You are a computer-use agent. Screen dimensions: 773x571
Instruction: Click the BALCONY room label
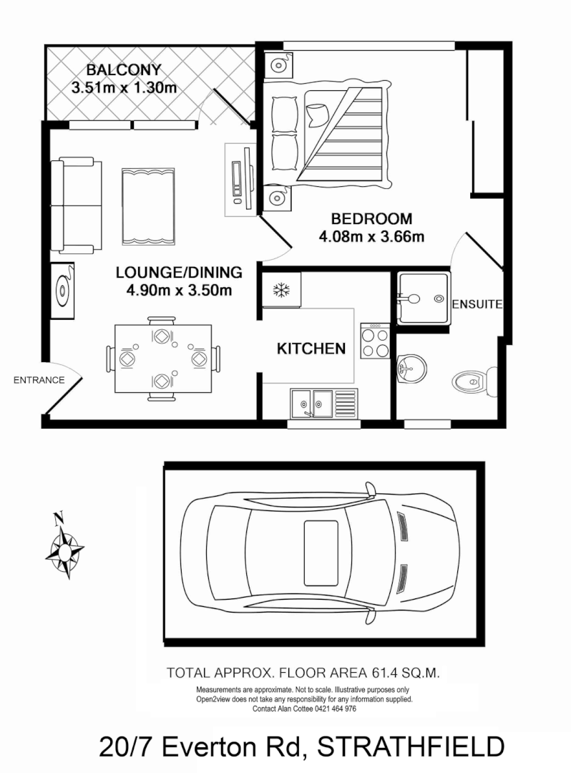pyautogui.click(x=124, y=70)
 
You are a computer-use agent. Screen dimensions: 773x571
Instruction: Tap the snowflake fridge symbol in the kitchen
pyautogui.click(x=281, y=291)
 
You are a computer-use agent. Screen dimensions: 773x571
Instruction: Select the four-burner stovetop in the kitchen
pyautogui.click(x=376, y=341)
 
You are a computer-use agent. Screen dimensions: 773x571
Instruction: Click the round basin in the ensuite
pyautogui.click(x=411, y=371)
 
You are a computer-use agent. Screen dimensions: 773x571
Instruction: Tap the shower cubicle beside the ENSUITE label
pyautogui.click(x=422, y=297)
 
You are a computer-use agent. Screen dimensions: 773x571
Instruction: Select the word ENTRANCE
pyautogui.click(x=39, y=380)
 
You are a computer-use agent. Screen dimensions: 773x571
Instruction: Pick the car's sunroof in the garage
pyautogui.click(x=321, y=545)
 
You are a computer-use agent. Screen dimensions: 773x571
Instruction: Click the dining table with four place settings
pyautogui.click(x=163, y=357)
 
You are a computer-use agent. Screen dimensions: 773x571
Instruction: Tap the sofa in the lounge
pyautogui.click(x=76, y=206)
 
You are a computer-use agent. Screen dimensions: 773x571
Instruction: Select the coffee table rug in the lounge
pyautogui.click(x=148, y=207)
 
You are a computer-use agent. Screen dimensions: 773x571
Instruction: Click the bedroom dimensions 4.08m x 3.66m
pyautogui.click(x=372, y=236)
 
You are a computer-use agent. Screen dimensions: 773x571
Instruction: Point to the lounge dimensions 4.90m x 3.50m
pyautogui.click(x=178, y=290)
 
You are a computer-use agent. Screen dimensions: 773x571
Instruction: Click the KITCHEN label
pyautogui.click(x=311, y=349)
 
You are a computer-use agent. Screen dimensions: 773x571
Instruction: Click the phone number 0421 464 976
pyautogui.click(x=326, y=709)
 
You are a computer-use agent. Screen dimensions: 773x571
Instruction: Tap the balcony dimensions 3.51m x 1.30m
pyautogui.click(x=124, y=88)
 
